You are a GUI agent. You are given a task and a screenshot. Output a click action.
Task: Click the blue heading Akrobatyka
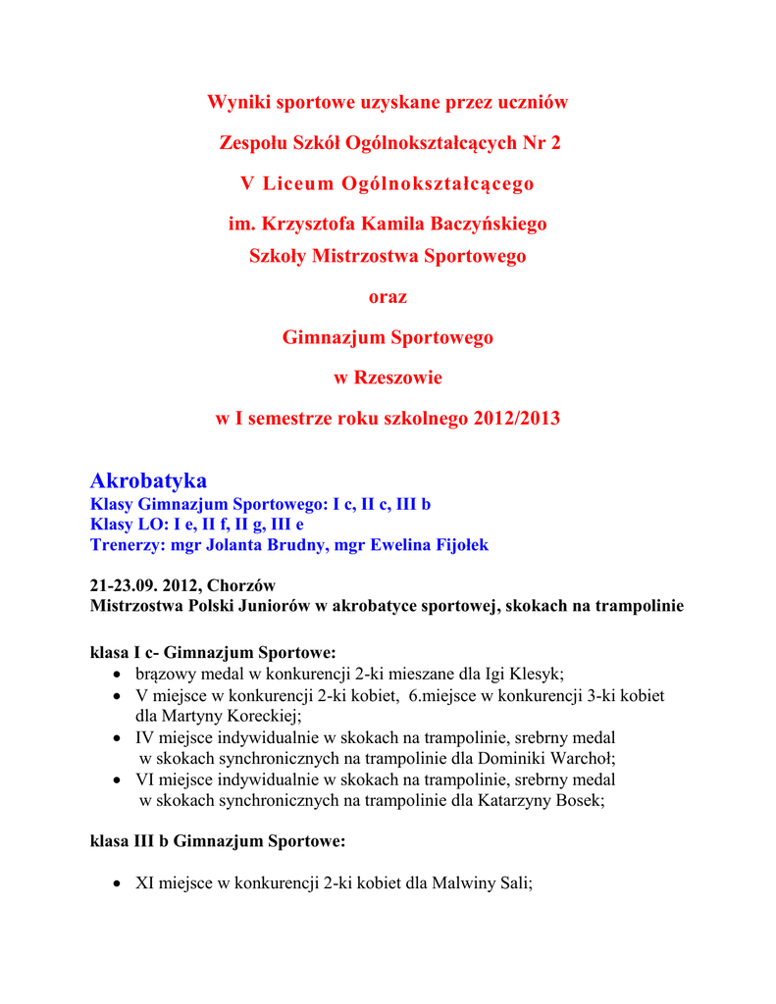pos(148,480)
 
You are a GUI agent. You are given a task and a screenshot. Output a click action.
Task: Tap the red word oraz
pos(387,296)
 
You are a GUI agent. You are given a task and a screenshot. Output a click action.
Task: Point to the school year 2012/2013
pos(516,418)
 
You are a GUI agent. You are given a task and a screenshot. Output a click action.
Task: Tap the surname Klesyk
pos(536,674)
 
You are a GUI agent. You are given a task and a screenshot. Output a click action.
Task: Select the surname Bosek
pos(577,800)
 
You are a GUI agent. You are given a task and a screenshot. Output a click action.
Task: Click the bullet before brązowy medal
pos(117,675)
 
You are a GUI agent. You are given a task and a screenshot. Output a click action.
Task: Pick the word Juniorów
pos(269,606)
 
